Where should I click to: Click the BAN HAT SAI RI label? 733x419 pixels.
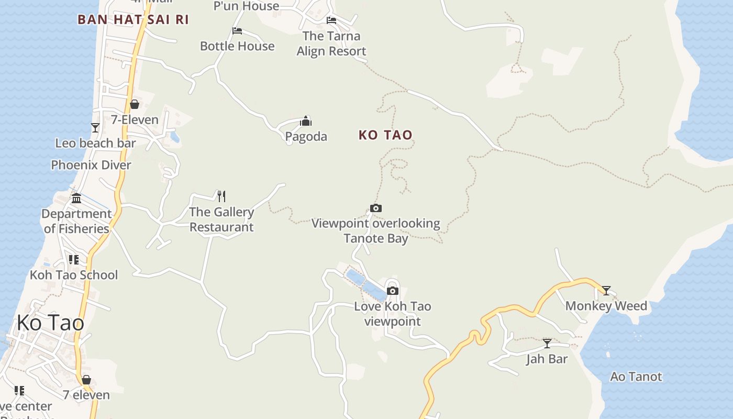click(x=133, y=19)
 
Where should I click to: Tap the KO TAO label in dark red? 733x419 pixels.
click(x=385, y=135)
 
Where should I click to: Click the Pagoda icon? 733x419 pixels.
click(x=306, y=122)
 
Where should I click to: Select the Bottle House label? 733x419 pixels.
click(x=237, y=46)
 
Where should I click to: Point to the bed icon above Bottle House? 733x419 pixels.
click(x=237, y=31)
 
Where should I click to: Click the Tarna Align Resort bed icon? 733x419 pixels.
click(x=331, y=20)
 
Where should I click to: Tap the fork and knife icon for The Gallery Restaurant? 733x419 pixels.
click(x=221, y=196)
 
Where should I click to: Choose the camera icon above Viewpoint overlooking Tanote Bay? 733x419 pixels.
click(x=375, y=208)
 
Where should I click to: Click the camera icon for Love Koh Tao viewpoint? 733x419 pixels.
click(x=392, y=291)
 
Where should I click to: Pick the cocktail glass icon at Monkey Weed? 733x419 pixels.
click(x=606, y=290)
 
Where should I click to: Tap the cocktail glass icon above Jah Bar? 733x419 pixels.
click(x=547, y=344)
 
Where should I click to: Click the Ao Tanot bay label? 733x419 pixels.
click(x=636, y=377)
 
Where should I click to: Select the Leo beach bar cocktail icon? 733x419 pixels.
click(x=95, y=127)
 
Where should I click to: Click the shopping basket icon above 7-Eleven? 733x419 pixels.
click(x=135, y=104)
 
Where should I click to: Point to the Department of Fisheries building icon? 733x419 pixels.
click(x=76, y=198)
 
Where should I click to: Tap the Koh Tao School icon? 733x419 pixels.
click(x=73, y=260)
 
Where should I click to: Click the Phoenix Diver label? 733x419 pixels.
click(x=91, y=165)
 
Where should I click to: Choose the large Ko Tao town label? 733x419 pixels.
click(x=50, y=323)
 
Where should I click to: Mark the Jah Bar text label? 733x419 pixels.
click(x=547, y=359)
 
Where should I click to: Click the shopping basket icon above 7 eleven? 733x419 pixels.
click(x=86, y=380)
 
